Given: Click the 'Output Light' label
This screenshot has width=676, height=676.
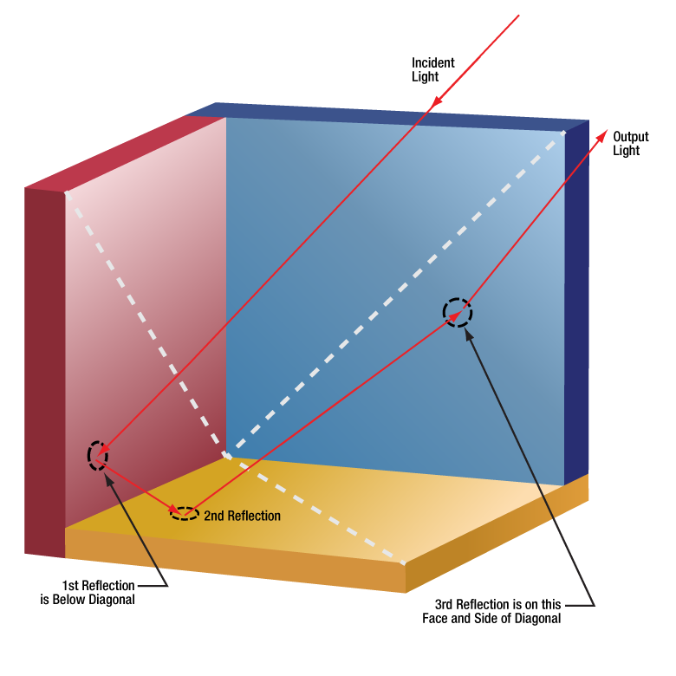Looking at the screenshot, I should [x=626, y=144].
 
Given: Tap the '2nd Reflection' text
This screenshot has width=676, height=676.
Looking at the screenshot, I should [x=242, y=516].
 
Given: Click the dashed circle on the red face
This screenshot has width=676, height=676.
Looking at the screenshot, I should [x=98, y=454].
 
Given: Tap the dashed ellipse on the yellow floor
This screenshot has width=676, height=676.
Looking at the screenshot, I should [x=184, y=512].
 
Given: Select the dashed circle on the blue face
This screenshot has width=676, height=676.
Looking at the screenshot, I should [x=458, y=312].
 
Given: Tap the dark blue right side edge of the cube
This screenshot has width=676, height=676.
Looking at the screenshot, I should [x=576, y=303].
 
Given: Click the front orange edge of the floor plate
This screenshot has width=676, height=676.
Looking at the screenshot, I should [x=234, y=559].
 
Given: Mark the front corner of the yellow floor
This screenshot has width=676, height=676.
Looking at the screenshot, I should [x=405, y=563].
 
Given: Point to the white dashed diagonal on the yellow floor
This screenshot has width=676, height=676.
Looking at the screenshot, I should [x=321, y=511].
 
